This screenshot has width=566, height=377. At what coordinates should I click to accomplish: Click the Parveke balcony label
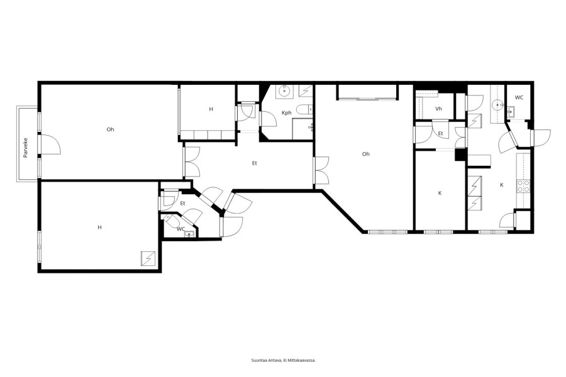(26, 148)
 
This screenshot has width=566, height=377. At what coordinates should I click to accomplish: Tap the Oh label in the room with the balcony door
(111, 129)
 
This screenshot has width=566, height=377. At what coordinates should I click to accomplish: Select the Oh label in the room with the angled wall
(365, 154)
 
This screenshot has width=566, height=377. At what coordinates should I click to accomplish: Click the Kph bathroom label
(286, 113)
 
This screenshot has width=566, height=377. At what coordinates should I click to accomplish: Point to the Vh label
(438, 109)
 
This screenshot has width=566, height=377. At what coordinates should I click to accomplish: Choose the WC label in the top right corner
(519, 97)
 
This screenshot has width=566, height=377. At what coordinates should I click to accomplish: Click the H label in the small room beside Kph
(211, 109)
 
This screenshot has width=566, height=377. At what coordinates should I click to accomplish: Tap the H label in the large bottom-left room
(99, 227)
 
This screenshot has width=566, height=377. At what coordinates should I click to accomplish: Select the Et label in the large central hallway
(255, 163)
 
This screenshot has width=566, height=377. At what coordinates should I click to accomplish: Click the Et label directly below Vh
(440, 133)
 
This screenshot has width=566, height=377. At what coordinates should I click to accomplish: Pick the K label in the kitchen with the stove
(502, 185)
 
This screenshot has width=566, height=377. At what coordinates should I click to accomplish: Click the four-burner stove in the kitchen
(523, 186)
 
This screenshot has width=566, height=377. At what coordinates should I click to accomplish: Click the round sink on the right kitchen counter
(498, 105)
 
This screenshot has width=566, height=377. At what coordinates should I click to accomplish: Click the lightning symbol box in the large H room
(148, 258)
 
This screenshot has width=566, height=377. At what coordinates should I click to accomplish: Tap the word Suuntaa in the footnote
(258, 360)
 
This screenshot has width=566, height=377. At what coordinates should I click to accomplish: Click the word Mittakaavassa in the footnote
(304, 360)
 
